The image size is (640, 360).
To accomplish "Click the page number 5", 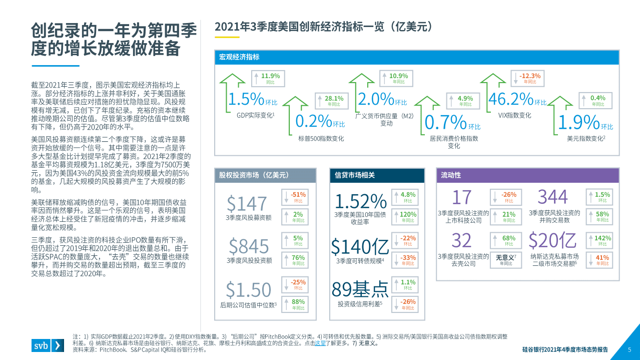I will coord(629,349).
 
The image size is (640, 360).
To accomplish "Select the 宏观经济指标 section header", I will coord(239,57).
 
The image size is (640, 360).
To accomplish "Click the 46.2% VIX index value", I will coord(510,99).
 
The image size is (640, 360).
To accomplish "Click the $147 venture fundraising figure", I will coord(247,204).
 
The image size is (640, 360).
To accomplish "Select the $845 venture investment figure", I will coord(249,246).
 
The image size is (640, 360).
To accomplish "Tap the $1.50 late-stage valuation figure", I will coord(248,289).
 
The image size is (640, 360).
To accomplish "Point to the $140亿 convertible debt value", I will coord(360,246).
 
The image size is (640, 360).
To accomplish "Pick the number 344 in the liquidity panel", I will coord(552,197).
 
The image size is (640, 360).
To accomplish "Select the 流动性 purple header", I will coord(451,175).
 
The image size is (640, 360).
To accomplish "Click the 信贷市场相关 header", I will coord(355,175).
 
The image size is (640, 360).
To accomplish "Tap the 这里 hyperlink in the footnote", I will coord(320,343).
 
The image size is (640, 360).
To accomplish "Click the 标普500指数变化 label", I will coord(321,138).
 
